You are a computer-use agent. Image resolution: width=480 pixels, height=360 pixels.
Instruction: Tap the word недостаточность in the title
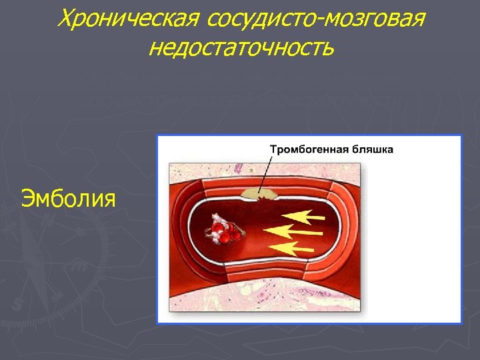click(241, 48)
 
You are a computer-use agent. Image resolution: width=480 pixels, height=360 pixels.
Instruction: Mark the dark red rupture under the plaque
click(261, 201)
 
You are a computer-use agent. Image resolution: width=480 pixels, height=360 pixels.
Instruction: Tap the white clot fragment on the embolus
click(217, 222)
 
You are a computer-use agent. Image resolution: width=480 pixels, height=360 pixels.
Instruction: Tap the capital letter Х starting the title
click(65, 19)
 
